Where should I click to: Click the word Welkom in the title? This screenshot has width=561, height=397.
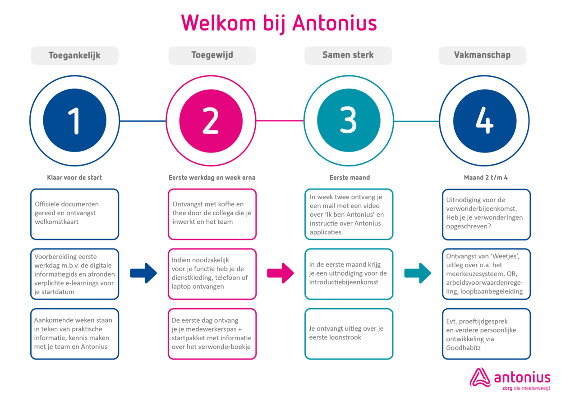click(x=218, y=23)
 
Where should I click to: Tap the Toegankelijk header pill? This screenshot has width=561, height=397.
click(x=74, y=55)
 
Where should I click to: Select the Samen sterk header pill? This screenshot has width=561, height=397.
click(x=348, y=55)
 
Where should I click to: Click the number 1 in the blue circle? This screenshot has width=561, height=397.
click(x=74, y=120)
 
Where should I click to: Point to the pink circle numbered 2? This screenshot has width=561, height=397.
click(x=211, y=121)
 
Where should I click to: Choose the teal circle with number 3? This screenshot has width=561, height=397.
click(x=349, y=120)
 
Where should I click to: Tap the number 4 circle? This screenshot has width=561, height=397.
click(x=485, y=121)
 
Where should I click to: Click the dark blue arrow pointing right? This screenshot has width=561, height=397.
click(x=143, y=273)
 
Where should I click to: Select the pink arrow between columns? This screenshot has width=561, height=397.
click(x=280, y=273)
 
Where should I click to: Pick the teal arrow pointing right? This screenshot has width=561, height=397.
click(x=418, y=273)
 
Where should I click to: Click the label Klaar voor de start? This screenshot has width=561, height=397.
click(x=74, y=178)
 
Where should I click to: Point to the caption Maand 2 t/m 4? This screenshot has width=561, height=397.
click(x=486, y=178)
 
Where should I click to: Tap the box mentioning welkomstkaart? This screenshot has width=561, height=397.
click(x=74, y=214)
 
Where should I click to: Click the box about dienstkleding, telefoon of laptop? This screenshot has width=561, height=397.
click(x=212, y=274)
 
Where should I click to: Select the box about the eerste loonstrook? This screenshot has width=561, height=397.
click(x=349, y=334)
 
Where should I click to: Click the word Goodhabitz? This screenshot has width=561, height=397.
click(x=463, y=348)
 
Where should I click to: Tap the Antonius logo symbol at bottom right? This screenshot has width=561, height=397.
click(x=480, y=378)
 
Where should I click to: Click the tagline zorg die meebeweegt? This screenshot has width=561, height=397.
click(x=526, y=388)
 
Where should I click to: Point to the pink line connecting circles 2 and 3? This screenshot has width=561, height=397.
click(x=280, y=121)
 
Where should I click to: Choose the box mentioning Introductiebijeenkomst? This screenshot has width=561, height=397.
click(x=349, y=274)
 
